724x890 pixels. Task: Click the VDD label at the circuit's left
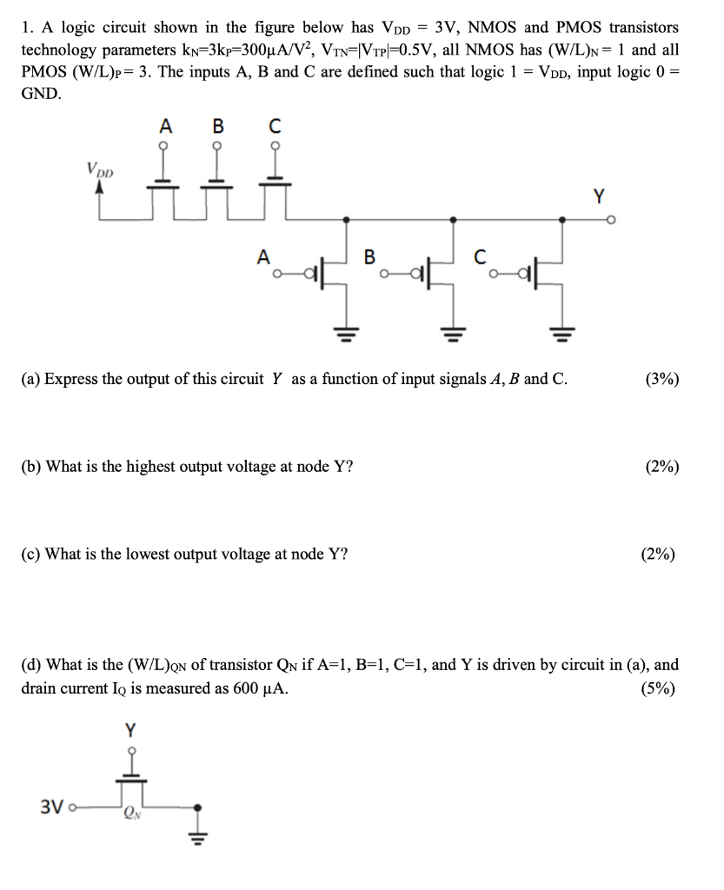[98, 169]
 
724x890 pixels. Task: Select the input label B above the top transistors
[219, 126]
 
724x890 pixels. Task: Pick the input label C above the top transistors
[276, 126]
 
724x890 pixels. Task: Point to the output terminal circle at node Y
[612, 220]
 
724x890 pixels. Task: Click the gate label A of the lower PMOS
[262, 256]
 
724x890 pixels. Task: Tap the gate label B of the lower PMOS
[369, 256]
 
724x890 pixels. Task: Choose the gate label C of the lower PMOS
[479, 256]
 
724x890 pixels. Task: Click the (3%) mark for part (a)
[662, 379]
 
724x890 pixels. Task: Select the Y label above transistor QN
[131, 727]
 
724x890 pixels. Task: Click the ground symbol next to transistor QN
[199, 833]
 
